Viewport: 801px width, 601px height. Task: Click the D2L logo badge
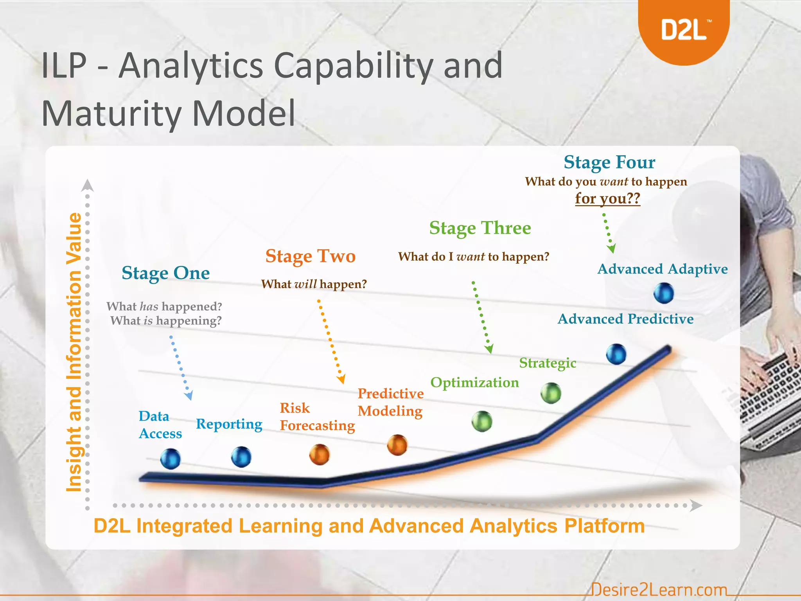pyautogui.click(x=684, y=29)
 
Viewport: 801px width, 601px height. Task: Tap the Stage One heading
pyautogui.click(x=165, y=273)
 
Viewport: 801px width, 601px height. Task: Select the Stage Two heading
pyautogui.click(x=310, y=256)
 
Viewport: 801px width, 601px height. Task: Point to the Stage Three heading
pyautogui.click(x=480, y=228)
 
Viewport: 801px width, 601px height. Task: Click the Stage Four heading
pyautogui.click(x=609, y=162)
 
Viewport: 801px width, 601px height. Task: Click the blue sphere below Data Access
pyautogui.click(x=171, y=459)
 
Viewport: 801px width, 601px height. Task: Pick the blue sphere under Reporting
pyautogui.click(x=241, y=457)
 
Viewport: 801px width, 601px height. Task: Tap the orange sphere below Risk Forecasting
pyautogui.click(x=320, y=454)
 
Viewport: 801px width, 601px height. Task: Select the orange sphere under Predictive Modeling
pyautogui.click(x=397, y=445)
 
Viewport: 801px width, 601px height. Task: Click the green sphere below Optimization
pyautogui.click(x=482, y=421)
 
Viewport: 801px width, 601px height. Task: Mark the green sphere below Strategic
pyautogui.click(x=551, y=393)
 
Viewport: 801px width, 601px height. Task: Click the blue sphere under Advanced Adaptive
pyautogui.click(x=664, y=293)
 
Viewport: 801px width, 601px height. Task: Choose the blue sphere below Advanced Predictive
pyautogui.click(x=616, y=354)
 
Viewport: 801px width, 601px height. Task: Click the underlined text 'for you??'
pyautogui.click(x=607, y=198)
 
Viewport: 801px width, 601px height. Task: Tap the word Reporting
pyautogui.click(x=229, y=424)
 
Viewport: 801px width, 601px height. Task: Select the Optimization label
pyautogui.click(x=474, y=382)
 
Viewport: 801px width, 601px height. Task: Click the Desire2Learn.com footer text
pyautogui.click(x=659, y=589)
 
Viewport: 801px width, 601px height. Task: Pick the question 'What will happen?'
pyautogui.click(x=314, y=284)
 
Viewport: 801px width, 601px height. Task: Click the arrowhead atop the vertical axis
pyautogui.click(x=87, y=185)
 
